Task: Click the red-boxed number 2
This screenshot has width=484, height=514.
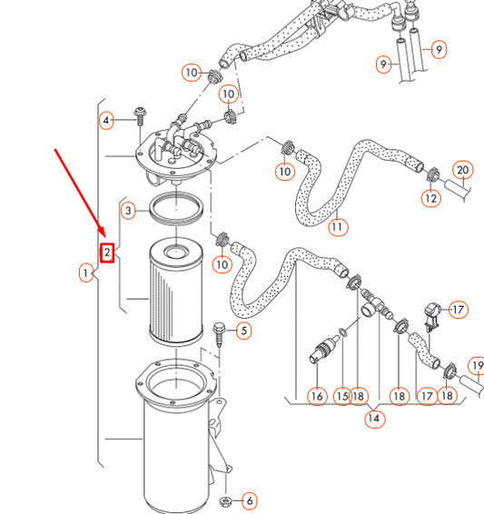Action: [x=107, y=252]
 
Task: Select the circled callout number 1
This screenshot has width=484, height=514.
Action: [x=86, y=272]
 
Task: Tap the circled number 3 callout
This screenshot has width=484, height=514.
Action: [x=130, y=211]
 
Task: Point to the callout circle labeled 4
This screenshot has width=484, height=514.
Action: [x=107, y=120]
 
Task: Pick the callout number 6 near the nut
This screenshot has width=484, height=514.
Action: [x=249, y=500]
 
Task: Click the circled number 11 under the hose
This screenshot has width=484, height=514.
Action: [x=338, y=226]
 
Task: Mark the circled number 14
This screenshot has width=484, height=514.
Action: [x=374, y=419]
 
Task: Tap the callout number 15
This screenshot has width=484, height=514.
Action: [x=342, y=396]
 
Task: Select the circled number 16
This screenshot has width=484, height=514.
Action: [x=316, y=396]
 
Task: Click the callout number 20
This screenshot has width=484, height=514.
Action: [x=462, y=170]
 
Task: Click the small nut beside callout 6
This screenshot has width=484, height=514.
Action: [x=226, y=500]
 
